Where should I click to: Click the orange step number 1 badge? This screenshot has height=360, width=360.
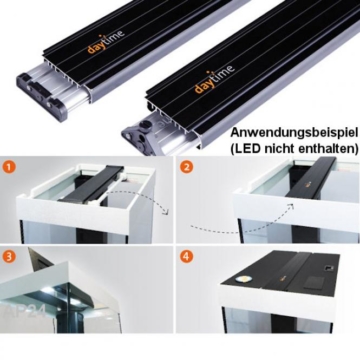pyautogui.click(x=10, y=167)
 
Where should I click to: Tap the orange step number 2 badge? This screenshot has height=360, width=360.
pyautogui.click(x=186, y=167)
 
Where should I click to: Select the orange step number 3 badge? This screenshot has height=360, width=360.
pyautogui.click(x=10, y=257)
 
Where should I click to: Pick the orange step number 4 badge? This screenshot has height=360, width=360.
pyautogui.click(x=186, y=257)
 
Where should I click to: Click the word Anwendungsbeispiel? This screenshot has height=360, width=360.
pyautogui.click(x=294, y=133)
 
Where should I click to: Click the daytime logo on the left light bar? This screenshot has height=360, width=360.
pyautogui.click(x=106, y=42)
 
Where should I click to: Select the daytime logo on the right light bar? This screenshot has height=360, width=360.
pyautogui.click(x=214, y=79)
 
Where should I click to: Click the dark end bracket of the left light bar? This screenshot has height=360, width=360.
pyautogui.click(x=41, y=95)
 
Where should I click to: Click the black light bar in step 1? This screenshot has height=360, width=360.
pyautogui.click(x=91, y=184)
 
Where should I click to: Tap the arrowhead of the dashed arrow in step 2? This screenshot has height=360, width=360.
pyautogui.click(x=291, y=204)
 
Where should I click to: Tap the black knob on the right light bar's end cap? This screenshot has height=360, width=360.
pyautogui.click(x=147, y=126)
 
